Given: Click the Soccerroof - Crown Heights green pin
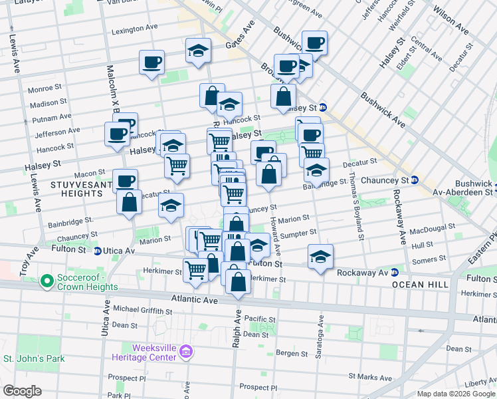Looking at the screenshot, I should point(47,282).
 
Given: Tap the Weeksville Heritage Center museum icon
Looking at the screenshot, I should point(187,351).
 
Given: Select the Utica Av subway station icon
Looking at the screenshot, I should point(98,251).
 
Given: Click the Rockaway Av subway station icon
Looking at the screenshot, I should point(394,272).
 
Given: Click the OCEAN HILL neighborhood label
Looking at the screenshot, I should point(417,284).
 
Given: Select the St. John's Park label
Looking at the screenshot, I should point(33,359).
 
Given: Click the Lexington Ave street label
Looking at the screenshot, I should point(134,30).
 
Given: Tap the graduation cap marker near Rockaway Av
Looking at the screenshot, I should point(320,257).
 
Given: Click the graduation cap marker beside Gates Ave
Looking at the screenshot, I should point(198,51).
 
